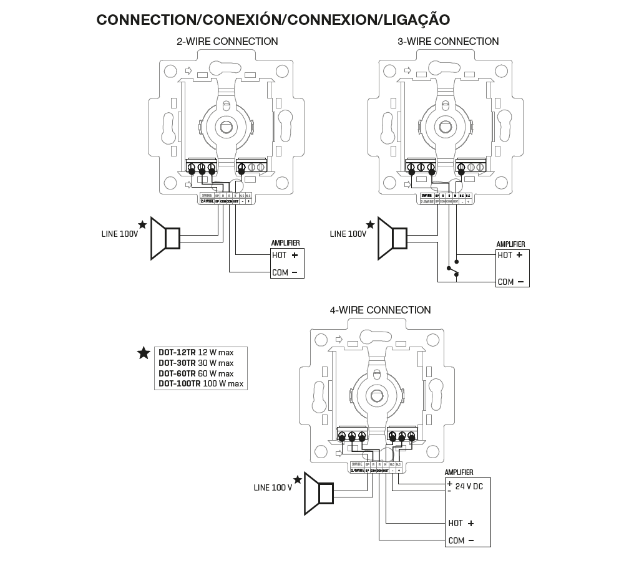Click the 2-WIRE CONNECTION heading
click(x=227, y=42)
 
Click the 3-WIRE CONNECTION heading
click(x=448, y=42)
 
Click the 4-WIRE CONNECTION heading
click(x=380, y=310)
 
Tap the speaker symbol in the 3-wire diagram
click(x=393, y=239)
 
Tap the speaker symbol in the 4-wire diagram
click(x=319, y=494)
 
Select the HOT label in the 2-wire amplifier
click(x=279, y=255)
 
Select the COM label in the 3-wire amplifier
click(x=505, y=282)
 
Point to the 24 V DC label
click(x=469, y=486)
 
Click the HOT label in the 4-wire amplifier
click(x=456, y=524)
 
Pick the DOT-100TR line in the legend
click(x=201, y=384)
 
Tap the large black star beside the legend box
click(x=144, y=353)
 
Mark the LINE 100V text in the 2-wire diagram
click(x=120, y=234)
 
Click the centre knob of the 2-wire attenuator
click(x=225, y=127)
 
